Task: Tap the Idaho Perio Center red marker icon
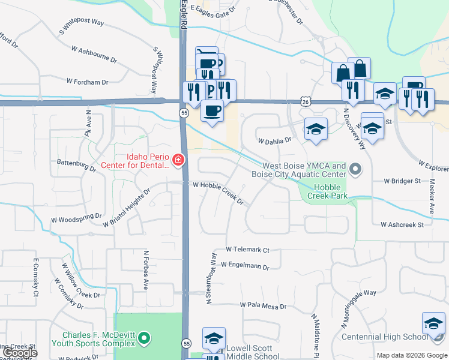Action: click(178, 160)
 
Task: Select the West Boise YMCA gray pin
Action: click(355, 169)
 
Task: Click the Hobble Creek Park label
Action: click(328, 191)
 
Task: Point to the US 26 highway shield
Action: click(306, 102)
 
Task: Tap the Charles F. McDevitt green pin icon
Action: click(143, 338)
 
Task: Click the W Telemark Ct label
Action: click(247, 249)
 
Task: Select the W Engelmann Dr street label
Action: click(245, 265)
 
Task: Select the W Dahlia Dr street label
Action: click(274, 141)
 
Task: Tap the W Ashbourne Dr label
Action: click(94, 53)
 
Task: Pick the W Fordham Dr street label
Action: click(87, 81)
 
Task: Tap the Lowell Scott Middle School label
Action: click(254, 352)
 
